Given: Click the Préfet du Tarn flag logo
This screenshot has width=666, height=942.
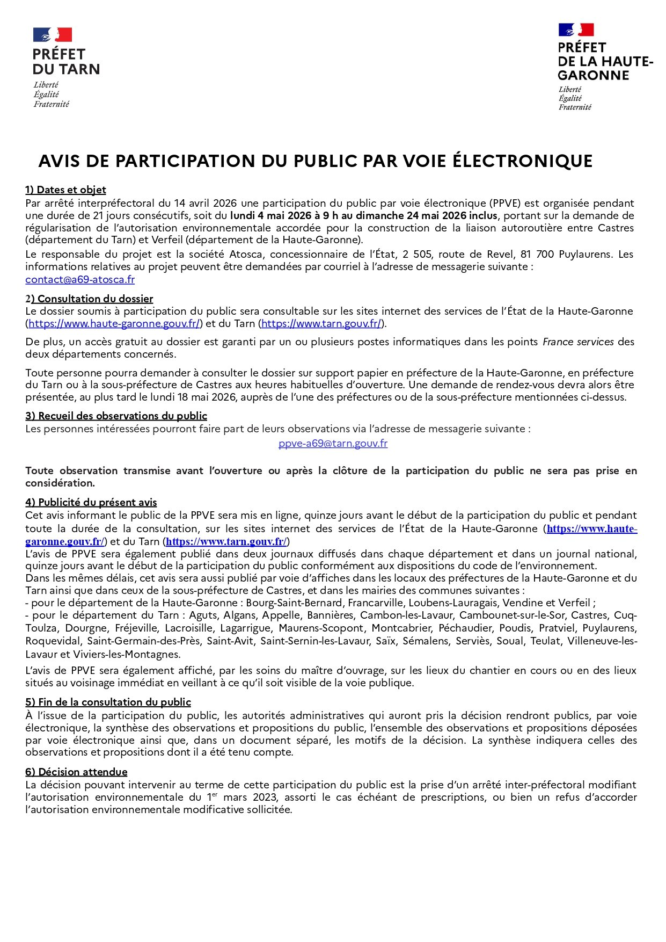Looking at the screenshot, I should coord(53,35).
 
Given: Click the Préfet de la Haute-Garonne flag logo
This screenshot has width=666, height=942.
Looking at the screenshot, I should coord(576,30).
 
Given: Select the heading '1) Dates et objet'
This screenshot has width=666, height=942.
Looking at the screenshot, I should coord(65,190).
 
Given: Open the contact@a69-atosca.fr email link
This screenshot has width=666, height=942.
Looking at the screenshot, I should coord(80,280).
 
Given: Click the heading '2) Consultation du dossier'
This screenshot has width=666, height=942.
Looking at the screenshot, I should coord(89,299).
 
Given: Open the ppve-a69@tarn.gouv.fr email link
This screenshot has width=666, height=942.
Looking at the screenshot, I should coord(333,444).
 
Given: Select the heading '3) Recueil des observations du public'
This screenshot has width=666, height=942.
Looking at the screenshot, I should coord(116,416).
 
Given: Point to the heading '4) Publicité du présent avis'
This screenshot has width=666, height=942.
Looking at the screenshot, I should coord(91,503).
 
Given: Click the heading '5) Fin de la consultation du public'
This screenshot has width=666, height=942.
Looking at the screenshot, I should coord(108,702).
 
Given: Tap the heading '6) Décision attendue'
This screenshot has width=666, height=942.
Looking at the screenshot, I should coord(76,772).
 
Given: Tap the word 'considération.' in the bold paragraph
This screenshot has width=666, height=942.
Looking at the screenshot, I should coord(60,483).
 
